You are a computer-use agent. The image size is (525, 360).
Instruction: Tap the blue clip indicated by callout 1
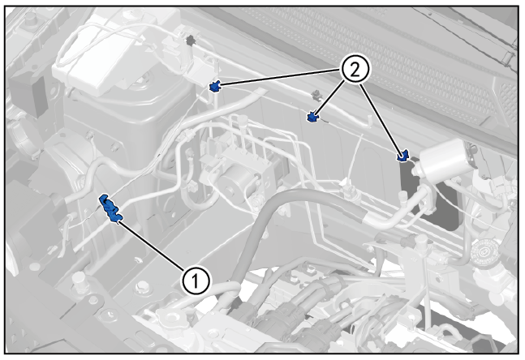[110, 209]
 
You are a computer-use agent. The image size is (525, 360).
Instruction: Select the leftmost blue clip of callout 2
[215, 86]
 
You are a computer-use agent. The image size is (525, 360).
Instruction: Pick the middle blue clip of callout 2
[312, 118]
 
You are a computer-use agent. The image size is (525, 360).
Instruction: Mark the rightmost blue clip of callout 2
[403, 155]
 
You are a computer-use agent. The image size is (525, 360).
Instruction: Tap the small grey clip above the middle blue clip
[315, 95]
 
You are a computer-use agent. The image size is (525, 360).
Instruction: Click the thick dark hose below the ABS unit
[268, 219]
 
